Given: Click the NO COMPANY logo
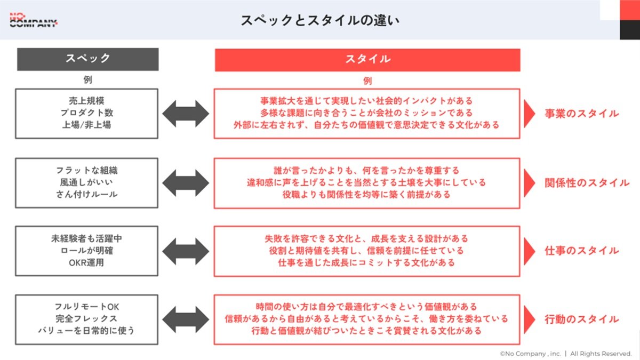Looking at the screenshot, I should (33, 20).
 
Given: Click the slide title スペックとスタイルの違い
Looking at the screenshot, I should (320, 20).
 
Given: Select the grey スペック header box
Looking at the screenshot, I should (87, 59).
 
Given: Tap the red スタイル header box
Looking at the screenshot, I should (367, 59).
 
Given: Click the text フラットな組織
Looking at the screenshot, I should (87, 171).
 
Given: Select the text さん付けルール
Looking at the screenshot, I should (87, 194).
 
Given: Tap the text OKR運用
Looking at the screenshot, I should (87, 262).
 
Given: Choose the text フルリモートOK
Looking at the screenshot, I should (87, 307).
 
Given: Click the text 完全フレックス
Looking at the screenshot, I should (87, 319).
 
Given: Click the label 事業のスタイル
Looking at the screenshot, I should (581, 114).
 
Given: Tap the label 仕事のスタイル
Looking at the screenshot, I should (581, 251).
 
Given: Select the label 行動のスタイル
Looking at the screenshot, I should (581, 319).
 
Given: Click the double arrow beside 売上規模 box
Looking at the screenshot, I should (186, 114).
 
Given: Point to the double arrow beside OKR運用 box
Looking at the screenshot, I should (186, 251).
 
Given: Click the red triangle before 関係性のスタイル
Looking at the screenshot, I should (530, 183).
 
